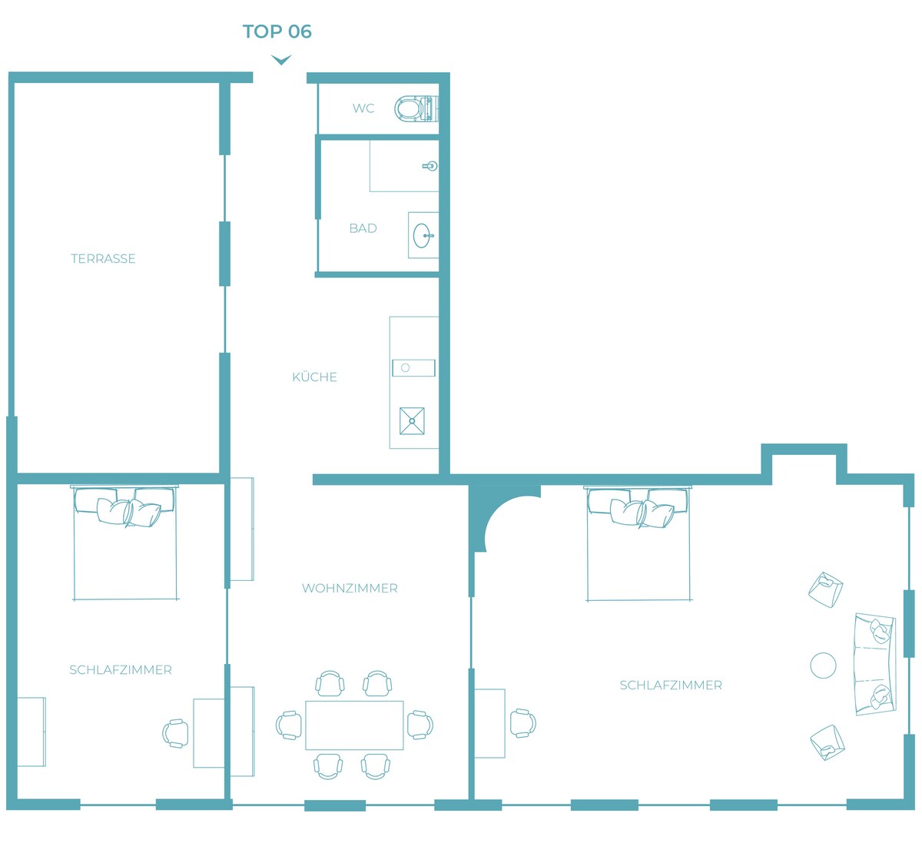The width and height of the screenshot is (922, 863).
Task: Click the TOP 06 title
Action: pyautogui.click(x=277, y=32)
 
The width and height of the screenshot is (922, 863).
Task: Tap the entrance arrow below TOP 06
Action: pyautogui.click(x=281, y=60)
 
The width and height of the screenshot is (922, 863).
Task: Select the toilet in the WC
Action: pyautogui.click(x=416, y=108)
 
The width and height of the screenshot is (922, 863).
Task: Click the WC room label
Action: pyautogui.click(x=363, y=108)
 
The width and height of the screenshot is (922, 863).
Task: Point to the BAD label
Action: pyautogui.click(x=363, y=228)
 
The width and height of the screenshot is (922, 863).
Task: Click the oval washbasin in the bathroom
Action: pyautogui.click(x=423, y=235)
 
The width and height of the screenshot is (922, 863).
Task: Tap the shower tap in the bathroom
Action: pyautogui.click(x=430, y=166)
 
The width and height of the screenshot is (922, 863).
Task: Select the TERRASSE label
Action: pyautogui.click(x=103, y=259)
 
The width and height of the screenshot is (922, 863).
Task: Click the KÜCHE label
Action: pyautogui.click(x=315, y=377)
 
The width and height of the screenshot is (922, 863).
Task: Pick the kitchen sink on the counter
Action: pyautogui.click(x=413, y=368)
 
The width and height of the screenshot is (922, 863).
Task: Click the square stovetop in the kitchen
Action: pyautogui.click(x=412, y=421)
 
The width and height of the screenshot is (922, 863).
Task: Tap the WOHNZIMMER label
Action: pyautogui.click(x=350, y=589)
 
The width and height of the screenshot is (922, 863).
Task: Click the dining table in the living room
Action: pyautogui.click(x=354, y=725)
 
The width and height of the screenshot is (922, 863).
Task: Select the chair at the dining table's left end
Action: pyautogui.click(x=289, y=725)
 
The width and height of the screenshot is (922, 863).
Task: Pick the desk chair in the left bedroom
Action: pyautogui.click(x=175, y=733)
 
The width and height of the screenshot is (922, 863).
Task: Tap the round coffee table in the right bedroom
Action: pyautogui.click(x=823, y=666)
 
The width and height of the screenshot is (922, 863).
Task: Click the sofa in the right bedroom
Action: pyautogui.click(x=874, y=665)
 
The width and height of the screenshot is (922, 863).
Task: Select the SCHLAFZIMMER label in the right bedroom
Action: pyautogui.click(x=671, y=685)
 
